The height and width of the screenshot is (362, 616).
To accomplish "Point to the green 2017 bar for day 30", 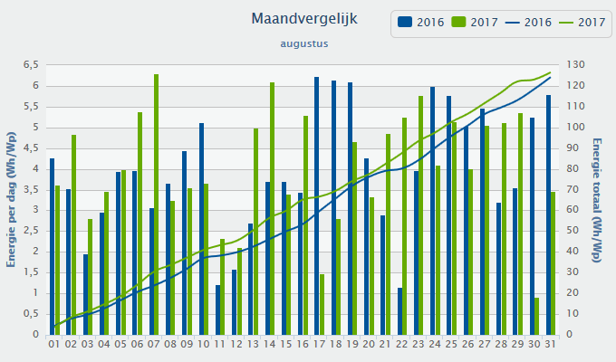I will click(537, 316).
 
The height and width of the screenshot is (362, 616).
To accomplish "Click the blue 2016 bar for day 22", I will click(399, 311).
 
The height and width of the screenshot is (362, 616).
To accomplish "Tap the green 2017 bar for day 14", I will click(273, 208).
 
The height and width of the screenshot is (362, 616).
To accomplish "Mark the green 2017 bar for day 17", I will click(322, 304).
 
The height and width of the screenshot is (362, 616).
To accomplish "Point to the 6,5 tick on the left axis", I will click(31, 65).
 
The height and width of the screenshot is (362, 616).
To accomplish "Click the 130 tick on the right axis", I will click(576, 65).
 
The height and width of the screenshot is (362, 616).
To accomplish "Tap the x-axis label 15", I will click(285, 344).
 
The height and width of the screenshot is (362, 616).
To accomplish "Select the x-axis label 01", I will click(54, 344).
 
